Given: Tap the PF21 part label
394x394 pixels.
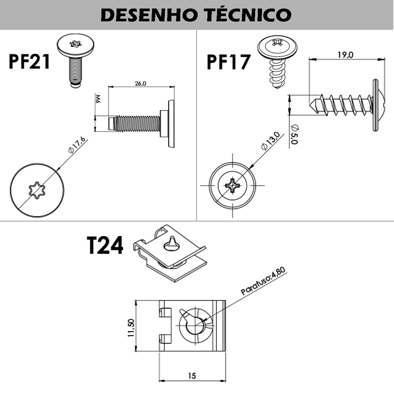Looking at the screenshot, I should coord(30,61).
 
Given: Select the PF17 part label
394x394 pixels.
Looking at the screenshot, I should coord(229,62).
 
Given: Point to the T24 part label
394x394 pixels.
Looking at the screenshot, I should coord(105,246).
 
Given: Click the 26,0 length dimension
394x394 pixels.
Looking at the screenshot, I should coord(140,83).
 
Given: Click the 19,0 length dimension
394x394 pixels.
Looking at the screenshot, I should coord(345,55).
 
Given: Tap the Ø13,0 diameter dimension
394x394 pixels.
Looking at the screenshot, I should coord(270,141).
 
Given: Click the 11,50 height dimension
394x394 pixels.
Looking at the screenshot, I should coord(131,328).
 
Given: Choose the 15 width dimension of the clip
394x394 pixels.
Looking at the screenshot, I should coord(192,376).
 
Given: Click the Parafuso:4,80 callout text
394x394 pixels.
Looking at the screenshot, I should coord(263,281).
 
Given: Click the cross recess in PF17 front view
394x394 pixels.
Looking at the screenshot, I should coord(232,186).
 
